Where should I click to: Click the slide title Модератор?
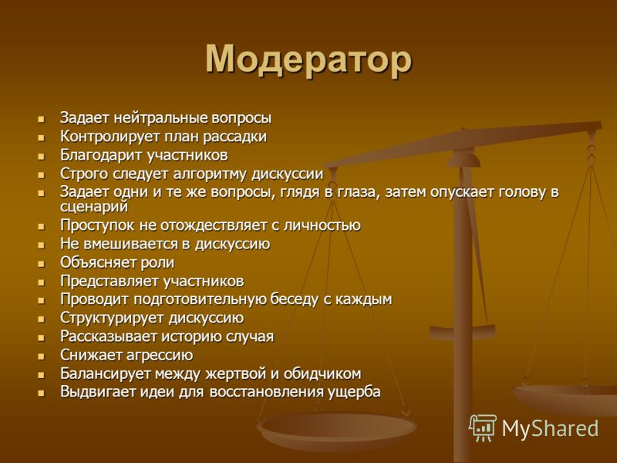point(308,59)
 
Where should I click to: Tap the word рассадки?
point(235,137)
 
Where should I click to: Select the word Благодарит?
point(101,155)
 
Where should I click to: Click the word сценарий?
point(94,206)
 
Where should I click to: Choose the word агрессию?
point(160,356)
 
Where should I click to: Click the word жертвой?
point(236,373)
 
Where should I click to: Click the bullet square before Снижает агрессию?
point(42,357)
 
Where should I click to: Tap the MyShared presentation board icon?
point(483,428)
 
